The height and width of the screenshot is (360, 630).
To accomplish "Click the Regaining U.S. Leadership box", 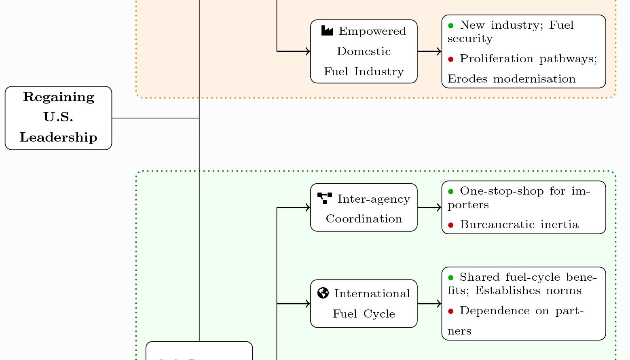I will point(58,118).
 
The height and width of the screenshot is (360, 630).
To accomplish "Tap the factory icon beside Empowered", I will point(327,31).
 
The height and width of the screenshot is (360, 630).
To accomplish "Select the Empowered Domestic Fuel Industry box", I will point(364,51).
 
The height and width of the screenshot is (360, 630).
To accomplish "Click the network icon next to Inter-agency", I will point(325,198).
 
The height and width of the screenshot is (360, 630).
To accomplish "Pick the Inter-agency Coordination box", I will point(364,208).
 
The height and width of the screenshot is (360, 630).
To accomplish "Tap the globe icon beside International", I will point(323,293).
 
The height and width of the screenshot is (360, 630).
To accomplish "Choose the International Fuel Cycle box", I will point(364,303).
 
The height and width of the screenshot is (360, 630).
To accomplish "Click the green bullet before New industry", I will point(451,25).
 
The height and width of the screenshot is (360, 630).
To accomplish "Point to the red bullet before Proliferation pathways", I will point(451,59).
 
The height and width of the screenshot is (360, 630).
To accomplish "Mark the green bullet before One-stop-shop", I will point(451,191).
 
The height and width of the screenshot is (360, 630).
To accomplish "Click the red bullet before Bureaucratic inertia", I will point(451,225).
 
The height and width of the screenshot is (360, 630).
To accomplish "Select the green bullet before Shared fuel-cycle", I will point(451,277).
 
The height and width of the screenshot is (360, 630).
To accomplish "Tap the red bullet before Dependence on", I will point(451,311).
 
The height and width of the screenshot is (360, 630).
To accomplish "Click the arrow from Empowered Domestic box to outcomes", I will point(429,51).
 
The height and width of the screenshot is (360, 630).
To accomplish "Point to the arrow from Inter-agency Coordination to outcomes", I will point(429,208).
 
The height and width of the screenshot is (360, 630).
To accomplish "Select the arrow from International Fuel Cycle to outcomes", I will point(429,303).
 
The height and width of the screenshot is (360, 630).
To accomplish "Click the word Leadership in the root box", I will point(59,138).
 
